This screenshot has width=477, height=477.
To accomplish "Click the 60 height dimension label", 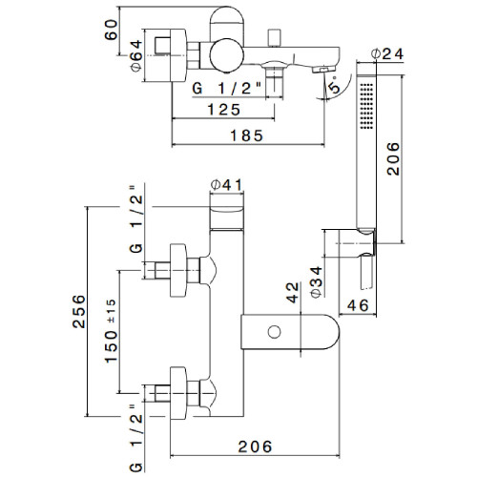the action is click(111, 30).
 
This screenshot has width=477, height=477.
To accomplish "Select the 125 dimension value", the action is click(224, 110).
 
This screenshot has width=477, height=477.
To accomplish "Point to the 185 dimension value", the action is click(247, 135).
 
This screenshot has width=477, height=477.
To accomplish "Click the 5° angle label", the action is click(335, 84).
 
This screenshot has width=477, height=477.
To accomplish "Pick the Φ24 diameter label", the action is click(387, 54).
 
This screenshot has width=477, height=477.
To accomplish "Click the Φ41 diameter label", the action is click(226, 185).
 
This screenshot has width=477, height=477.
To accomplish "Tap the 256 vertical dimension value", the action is click(79, 312).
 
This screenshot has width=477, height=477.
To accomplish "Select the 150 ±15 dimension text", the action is click(112, 331).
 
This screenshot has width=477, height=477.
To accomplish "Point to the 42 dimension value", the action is click(293, 293).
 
